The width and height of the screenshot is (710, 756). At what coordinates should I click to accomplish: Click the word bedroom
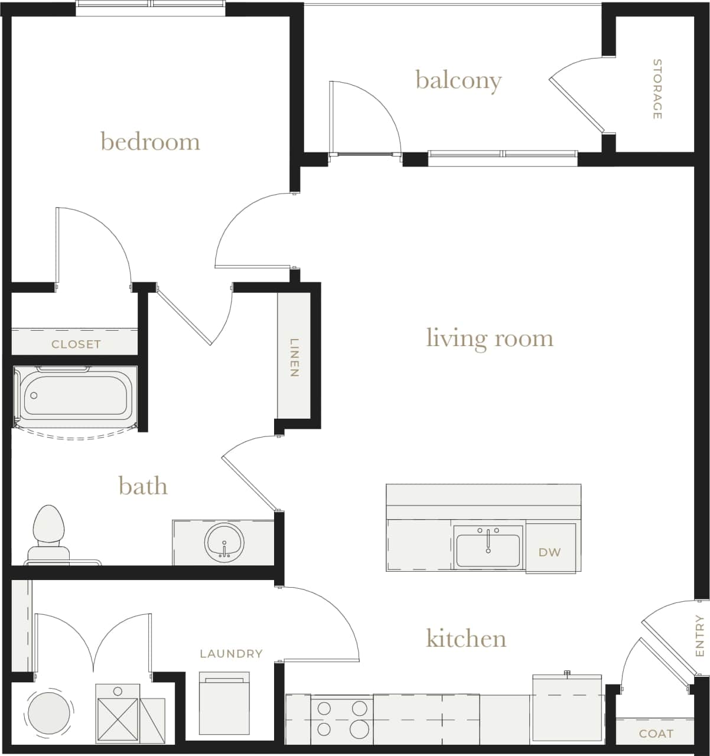coord(150,142)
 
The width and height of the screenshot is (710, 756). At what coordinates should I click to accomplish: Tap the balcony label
coord(458,80)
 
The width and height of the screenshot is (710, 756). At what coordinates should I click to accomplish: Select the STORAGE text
coord(657,89)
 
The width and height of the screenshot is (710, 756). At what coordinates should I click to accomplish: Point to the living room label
coord(490,338)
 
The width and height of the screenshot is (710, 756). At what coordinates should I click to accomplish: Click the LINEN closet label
coord(294,357)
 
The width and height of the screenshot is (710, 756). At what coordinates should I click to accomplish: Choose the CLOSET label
coord(76,344)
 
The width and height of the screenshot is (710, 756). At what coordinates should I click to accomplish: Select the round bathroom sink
coord(224,542)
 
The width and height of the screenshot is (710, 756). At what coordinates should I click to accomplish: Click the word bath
coord(143,486)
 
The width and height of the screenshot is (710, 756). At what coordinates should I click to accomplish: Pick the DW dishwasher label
coord(549,552)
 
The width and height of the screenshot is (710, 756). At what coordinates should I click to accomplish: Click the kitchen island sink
coord(488,550)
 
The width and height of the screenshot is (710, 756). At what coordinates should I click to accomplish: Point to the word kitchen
coord(466,638)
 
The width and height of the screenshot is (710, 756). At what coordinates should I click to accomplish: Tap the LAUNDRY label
coord(231,653)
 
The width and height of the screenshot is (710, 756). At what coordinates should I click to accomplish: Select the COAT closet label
coord(656,734)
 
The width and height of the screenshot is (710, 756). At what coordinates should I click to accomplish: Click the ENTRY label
coord(700,636)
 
